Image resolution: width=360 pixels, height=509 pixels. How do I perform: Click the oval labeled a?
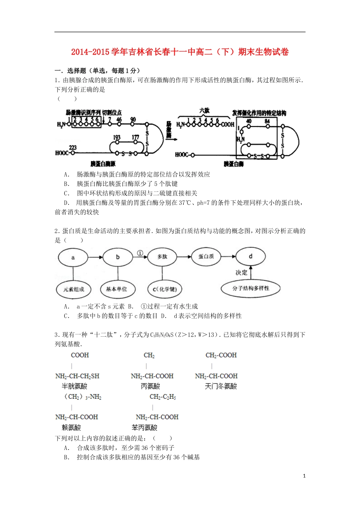[x=73, y=258]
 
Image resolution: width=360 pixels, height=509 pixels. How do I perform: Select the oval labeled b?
[x=117, y=257]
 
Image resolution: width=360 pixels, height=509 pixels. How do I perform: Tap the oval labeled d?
[x=250, y=256]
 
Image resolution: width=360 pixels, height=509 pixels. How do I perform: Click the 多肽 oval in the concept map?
[x=162, y=257]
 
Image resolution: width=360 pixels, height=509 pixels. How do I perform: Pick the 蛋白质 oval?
[x=206, y=256]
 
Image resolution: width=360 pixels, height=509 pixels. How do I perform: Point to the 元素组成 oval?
[x=74, y=289]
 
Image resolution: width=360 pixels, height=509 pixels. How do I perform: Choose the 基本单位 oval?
[x=117, y=289]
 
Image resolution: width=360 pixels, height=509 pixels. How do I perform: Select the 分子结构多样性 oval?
[x=251, y=289]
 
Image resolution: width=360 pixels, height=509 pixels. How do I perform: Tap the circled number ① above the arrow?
[x=140, y=253]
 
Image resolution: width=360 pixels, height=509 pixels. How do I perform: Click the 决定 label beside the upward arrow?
[x=241, y=273]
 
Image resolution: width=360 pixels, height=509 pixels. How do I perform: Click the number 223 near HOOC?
[x=72, y=147]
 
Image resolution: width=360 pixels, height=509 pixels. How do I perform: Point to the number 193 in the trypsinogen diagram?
[x=117, y=137]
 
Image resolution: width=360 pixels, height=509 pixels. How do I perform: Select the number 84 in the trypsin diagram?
[x=267, y=121]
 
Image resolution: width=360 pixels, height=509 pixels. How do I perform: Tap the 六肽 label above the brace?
[x=204, y=111]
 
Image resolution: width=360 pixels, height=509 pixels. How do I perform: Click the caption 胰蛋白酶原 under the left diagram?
[x=103, y=164]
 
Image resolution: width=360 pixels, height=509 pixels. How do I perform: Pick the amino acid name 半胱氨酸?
[x=75, y=386]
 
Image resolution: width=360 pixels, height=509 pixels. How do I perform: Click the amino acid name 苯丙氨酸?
[x=144, y=428]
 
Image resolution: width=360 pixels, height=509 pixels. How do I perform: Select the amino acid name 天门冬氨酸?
[x=221, y=386]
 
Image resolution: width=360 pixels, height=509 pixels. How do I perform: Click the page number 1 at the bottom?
[x=304, y=476]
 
